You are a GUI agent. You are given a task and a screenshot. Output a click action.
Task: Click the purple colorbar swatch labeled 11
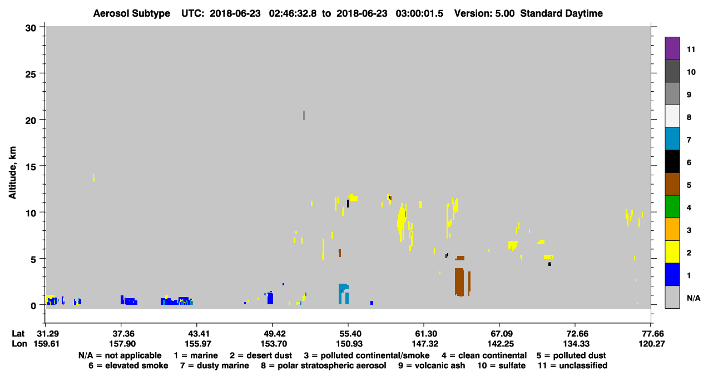click(x=672, y=48)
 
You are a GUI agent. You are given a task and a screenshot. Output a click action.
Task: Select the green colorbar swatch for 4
click(x=672, y=207)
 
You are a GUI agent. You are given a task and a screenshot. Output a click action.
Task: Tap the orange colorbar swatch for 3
click(x=672, y=229)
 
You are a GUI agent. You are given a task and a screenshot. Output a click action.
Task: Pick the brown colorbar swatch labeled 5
click(x=672, y=184)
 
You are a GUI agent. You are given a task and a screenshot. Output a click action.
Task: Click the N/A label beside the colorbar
click(x=694, y=298)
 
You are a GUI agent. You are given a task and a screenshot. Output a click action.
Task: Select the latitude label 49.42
click(x=273, y=334)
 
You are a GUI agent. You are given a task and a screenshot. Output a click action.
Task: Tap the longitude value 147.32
click(x=425, y=344)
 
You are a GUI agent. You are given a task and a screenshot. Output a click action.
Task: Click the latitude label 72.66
click(x=576, y=334)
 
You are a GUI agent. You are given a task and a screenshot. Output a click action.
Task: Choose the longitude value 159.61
click(x=47, y=344)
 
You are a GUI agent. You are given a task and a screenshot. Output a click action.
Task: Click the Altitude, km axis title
click(x=12, y=173)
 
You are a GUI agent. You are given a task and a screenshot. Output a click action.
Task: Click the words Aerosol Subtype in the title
click(x=132, y=13)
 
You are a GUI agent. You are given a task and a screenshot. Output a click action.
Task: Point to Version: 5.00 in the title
click(x=484, y=13)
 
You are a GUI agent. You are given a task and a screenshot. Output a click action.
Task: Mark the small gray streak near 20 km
click(x=304, y=115)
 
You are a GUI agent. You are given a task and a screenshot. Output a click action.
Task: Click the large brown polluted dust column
click(x=459, y=282)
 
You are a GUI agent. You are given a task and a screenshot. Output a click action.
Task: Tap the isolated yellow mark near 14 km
click(x=93, y=177)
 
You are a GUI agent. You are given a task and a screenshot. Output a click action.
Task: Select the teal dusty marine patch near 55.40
click(x=344, y=293)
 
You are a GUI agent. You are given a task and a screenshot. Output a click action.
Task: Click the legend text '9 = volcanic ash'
click(x=432, y=365)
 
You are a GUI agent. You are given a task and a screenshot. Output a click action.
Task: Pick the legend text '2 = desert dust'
click(x=261, y=355)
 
